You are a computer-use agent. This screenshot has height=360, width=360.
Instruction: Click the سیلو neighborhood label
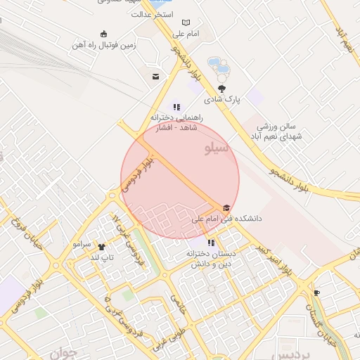pyautogui.click(x=216, y=148)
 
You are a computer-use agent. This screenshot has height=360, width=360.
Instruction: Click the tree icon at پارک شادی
pyautogui.click(x=222, y=89)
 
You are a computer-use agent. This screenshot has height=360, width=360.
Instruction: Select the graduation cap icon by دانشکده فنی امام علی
pyautogui.click(x=225, y=208)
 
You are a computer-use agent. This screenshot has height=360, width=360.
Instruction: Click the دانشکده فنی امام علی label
pyautogui.click(x=226, y=219)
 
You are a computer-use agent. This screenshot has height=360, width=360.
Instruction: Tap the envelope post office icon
pyautogui.click(x=155, y=76)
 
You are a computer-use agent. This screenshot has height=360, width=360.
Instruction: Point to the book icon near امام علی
pyautogui.click(x=186, y=23)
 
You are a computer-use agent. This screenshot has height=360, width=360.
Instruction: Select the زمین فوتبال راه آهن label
pyautogui.click(x=104, y=45)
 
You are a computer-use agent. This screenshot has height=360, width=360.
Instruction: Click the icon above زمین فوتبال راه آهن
pyautogui.click(x=104, y=34)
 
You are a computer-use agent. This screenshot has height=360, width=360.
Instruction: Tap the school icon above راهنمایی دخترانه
pyautogui.click(x=176, y=108)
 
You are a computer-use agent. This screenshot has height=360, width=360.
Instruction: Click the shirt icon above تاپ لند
pyautogui.click(x=101, y=247)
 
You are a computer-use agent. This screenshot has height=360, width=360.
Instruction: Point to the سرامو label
pyautogui.click(x=82, y=244)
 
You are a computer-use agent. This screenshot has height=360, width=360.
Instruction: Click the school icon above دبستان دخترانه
pyautogui.click(x=210, y=243)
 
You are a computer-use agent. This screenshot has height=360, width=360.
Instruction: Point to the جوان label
pyautogui.click(x=61, y=352)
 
